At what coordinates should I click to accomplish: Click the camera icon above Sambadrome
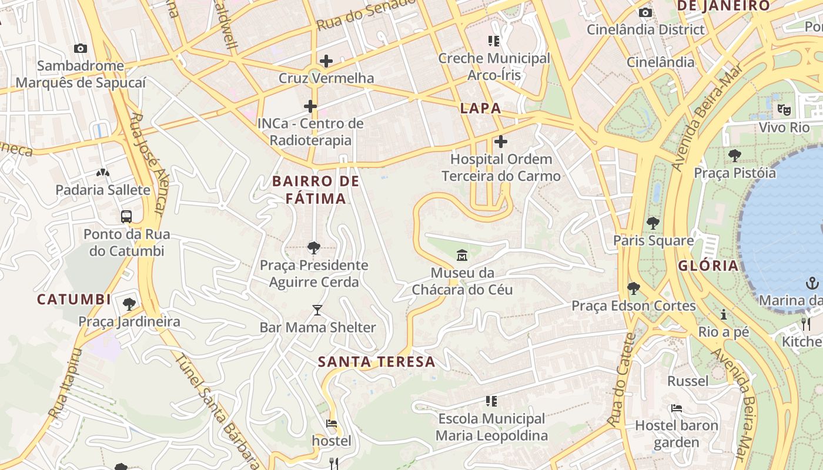(81, 48)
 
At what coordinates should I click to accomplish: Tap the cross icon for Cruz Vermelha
(326, 61)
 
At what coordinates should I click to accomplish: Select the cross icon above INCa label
(310, 106)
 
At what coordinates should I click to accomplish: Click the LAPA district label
(481, 108)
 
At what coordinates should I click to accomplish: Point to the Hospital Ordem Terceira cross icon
(501, 142)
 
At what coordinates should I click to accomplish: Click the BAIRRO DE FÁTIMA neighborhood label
(316, 190)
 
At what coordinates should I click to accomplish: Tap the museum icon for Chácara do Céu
(462, 256)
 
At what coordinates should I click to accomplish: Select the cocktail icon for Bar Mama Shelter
(317, 310)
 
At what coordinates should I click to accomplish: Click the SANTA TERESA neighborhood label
(377, 362)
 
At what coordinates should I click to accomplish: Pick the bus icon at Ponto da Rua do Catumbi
(126, 216)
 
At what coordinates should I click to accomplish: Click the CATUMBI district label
(74, 300)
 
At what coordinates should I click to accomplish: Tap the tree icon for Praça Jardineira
(129, 304)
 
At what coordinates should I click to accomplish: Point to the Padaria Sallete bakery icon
(103, 173)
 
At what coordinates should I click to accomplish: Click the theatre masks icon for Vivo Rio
(784, 109)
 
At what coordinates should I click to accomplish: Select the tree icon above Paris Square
(653, 223)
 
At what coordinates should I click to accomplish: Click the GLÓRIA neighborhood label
(708, 266)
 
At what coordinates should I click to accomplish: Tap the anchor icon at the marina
(812, 284)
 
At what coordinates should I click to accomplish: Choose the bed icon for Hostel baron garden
(677, 408)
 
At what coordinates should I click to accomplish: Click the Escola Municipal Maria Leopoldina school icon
(492, 401)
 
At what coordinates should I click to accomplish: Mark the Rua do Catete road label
(621, 379)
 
